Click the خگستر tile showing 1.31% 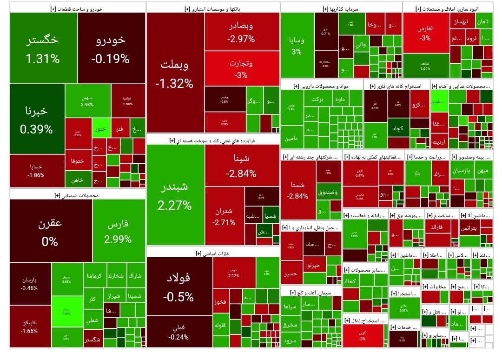[43, 48]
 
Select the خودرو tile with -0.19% [111, 48]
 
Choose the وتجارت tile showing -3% [241, 69]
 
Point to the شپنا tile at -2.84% [241, 166]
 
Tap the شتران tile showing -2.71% [224, 216]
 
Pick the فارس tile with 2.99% [118, 231]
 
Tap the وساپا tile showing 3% [297, 45]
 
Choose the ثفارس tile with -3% [425, 33]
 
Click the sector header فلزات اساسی [213, 253]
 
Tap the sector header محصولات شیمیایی [77, 195]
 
